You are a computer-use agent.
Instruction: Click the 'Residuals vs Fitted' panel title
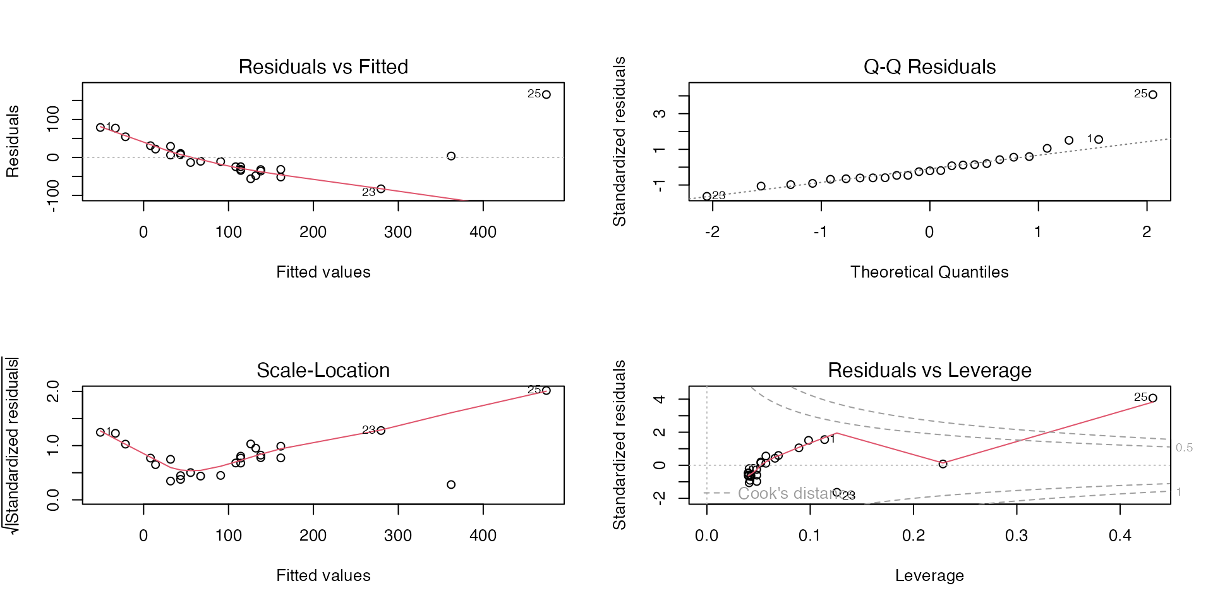click(x=323, y=66)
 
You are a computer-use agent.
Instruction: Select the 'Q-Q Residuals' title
click(x=929, y=66)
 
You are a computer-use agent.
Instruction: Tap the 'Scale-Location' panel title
click(x=323, y=370)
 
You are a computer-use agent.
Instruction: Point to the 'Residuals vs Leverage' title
click(x=929, y=370)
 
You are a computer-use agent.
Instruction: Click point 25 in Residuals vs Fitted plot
click(x=546, y=95)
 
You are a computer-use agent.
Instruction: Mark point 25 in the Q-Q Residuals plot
click(x=1153, y=95)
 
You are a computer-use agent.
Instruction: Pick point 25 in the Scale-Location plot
click(x=546, y=391)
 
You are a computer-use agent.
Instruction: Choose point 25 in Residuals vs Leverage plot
click(x=1153, y=398)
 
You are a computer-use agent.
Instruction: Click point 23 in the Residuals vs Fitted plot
click(x=381, y=189)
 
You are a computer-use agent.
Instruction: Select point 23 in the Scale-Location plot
click(x=381, y=431)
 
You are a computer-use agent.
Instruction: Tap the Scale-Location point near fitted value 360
click(x=451, y=484)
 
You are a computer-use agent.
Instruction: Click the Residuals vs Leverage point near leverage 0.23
click(x=943, y=464)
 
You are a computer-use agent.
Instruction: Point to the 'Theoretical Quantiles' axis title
click(x=929, y=272)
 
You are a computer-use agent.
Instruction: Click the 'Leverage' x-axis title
click(x=929, y=575)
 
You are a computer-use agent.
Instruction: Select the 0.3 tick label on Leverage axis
click(x=1017, y=536)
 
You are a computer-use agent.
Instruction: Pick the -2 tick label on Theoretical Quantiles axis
click(x=712, y=232)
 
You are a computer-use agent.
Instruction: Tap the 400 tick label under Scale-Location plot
click(x=483, y=536)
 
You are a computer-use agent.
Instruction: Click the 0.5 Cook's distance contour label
click(x=1184, y=448)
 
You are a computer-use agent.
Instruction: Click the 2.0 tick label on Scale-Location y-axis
click(x=53, y=391)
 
